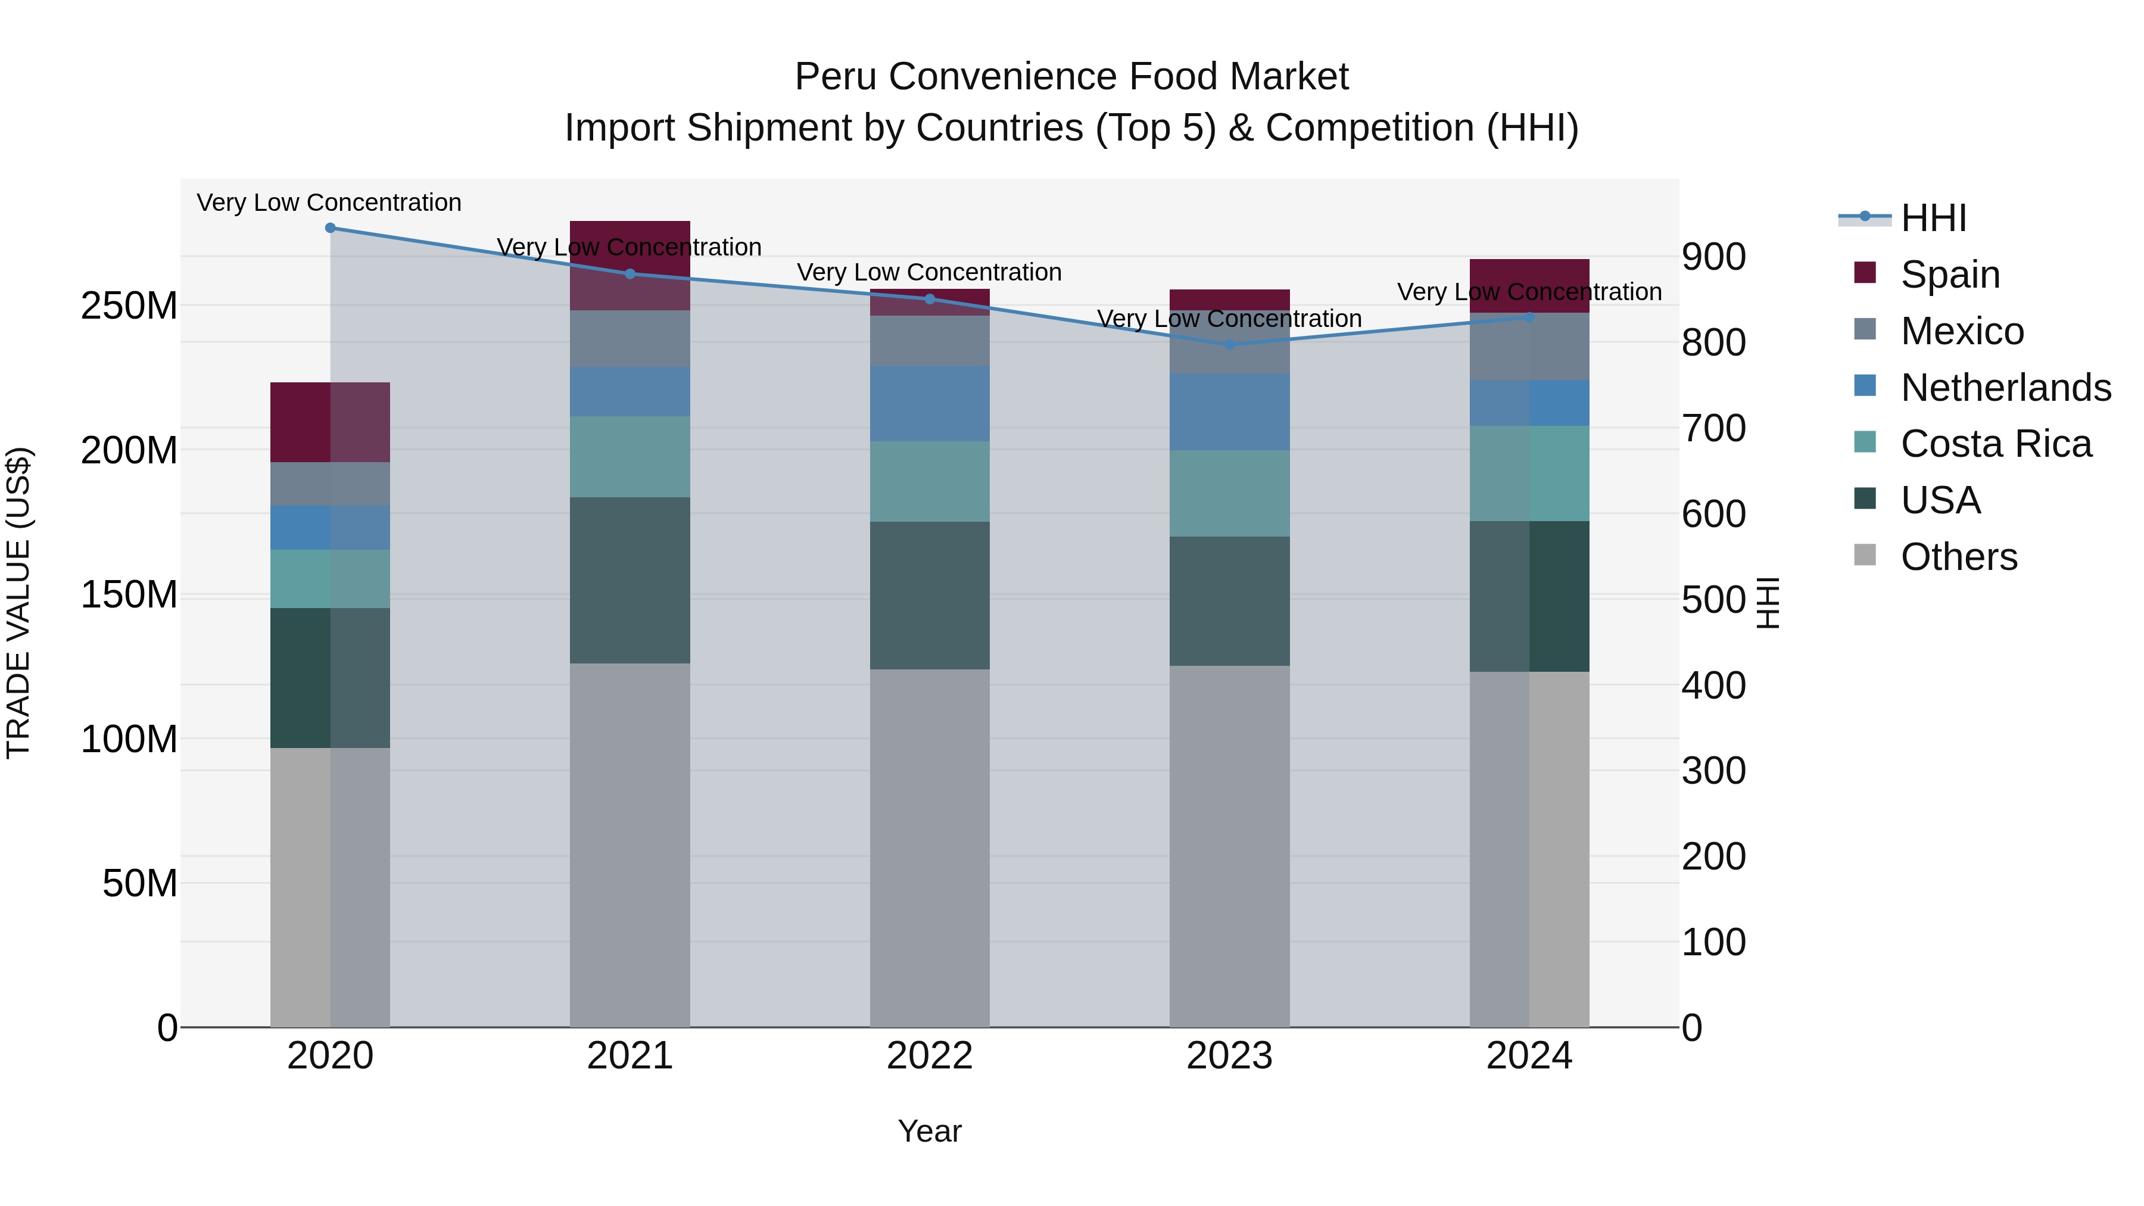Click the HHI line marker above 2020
tap(331, 228)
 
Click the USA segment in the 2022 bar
tap(930, 595)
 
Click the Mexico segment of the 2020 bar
tap(331, 484)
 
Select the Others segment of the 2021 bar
tap(630, 844)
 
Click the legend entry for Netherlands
tap(2006, 388)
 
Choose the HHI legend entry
tap(1933, 218)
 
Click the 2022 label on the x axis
tap(930, 1056)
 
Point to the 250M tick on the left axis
tap(129, 306)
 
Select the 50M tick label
tap(140, 883)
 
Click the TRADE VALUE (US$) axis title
tap(18, 603)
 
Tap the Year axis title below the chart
tap(930, 1131)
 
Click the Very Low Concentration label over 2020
tap(329, 202)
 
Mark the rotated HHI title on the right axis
tap(1767, 603)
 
